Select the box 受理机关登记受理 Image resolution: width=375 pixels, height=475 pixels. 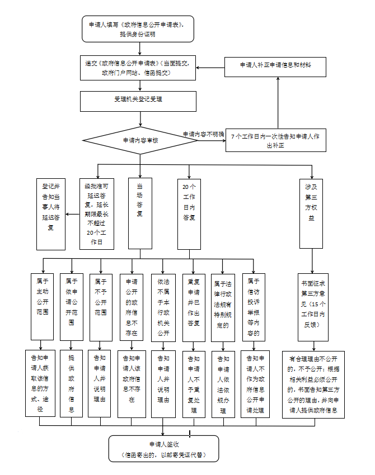138,101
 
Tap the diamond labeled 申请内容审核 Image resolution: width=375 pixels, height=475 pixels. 140,140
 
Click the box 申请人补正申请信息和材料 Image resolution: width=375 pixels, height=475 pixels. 276,65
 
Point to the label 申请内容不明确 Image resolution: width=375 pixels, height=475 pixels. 203,134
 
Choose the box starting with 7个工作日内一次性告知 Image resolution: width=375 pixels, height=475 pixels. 277,140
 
